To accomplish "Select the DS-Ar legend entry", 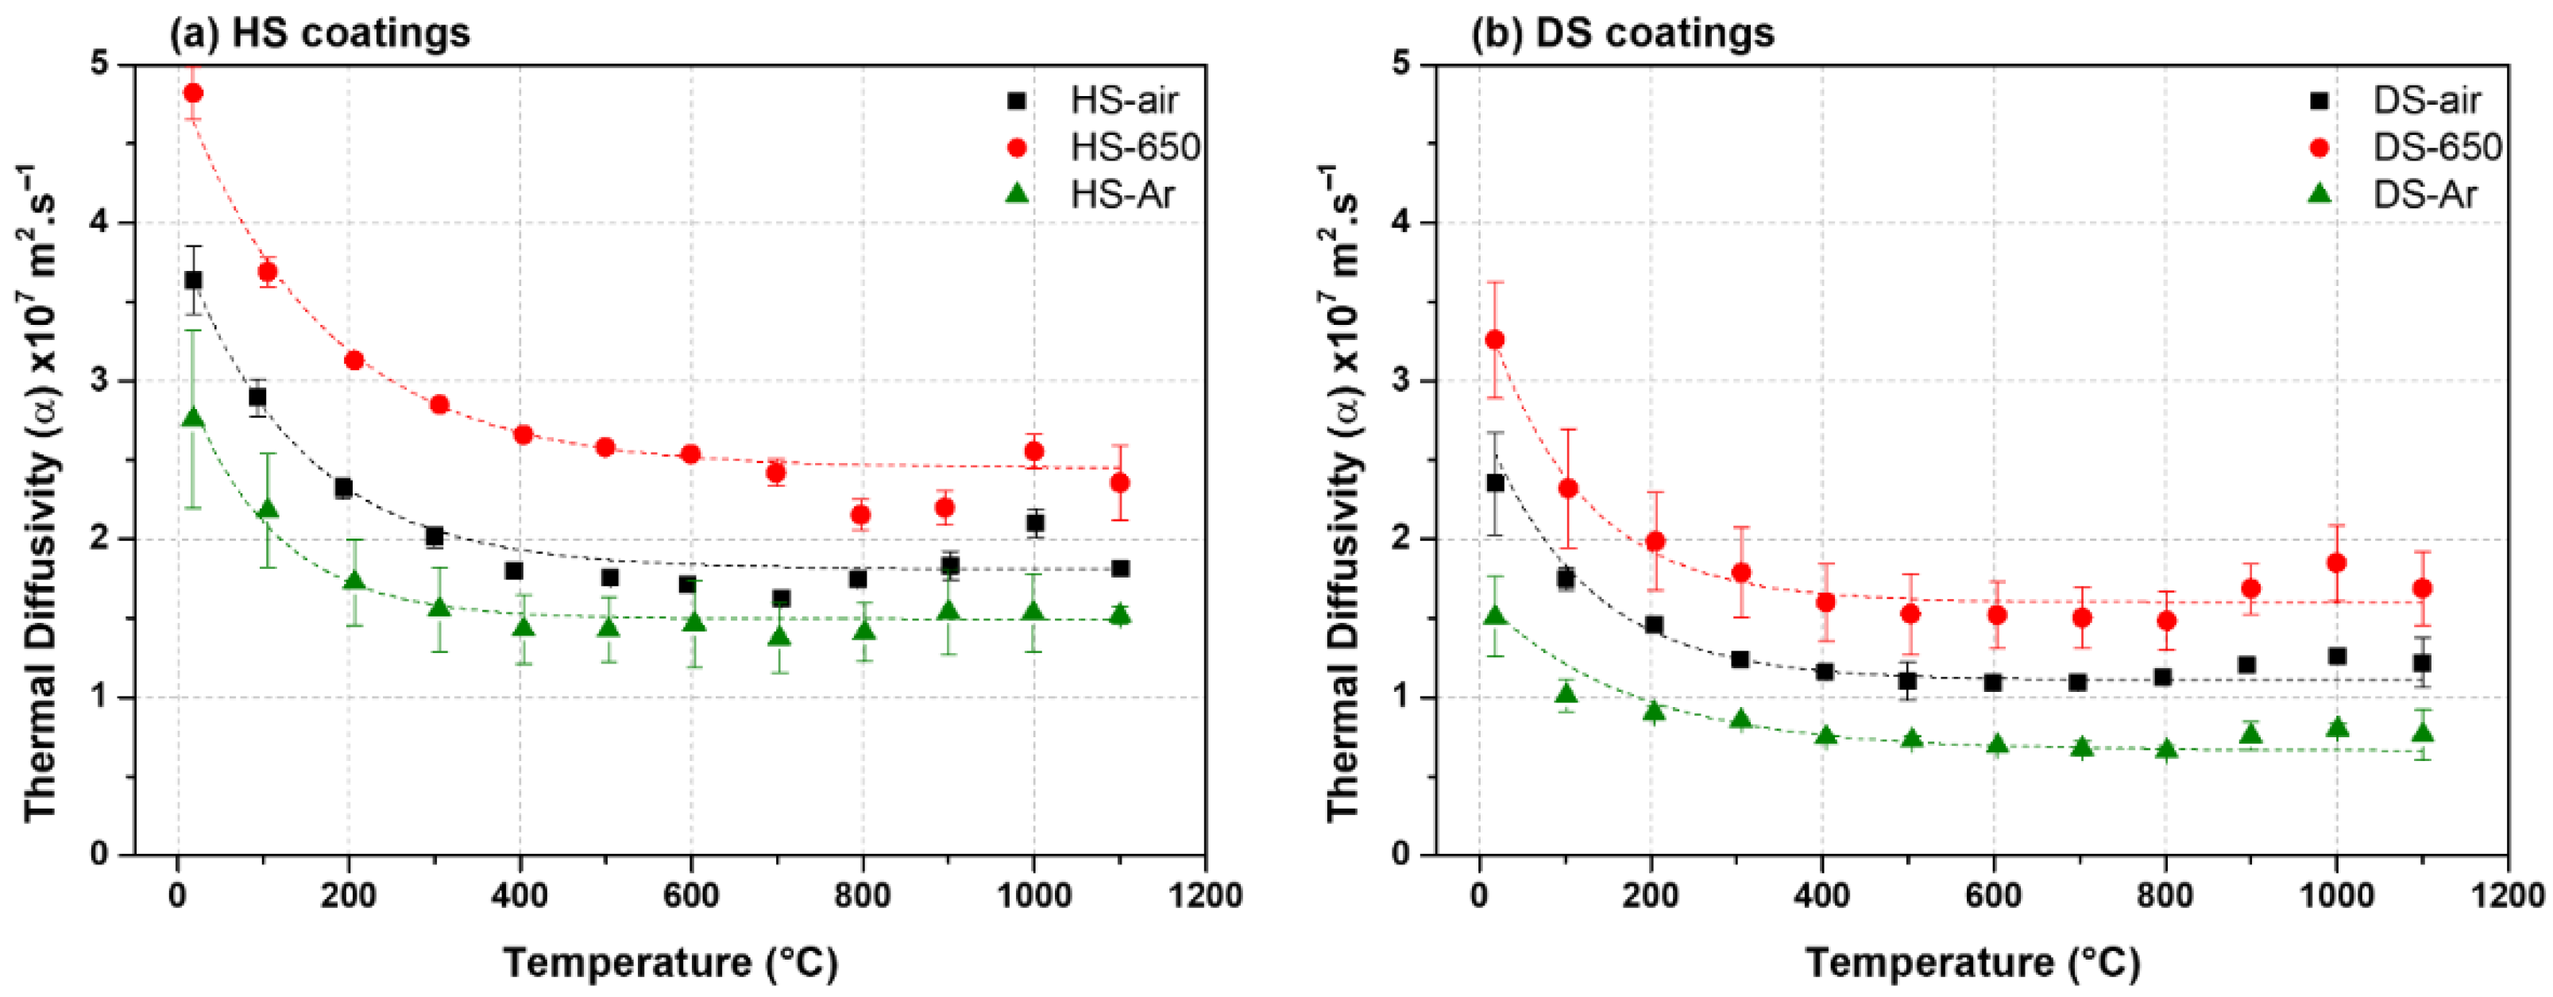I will (x=2424, y=195).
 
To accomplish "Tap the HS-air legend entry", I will (x=1123, y=100).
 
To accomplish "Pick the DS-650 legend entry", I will (x=2437, y=148).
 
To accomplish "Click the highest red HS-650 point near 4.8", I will (x=195, y=93).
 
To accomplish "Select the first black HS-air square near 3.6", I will (x=193, y=280).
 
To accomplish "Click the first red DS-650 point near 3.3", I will (x=1496, y=340).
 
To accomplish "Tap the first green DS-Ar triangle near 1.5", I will (x=1496, y=616).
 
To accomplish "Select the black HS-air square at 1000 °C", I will (x=1036, y=522).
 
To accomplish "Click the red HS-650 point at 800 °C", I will (x=861, y=514).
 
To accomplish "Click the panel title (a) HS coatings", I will (x=320, y=33).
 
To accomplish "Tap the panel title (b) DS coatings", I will (x=1622, y=33).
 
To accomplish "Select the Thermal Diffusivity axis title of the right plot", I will (x=1343, y=493).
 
